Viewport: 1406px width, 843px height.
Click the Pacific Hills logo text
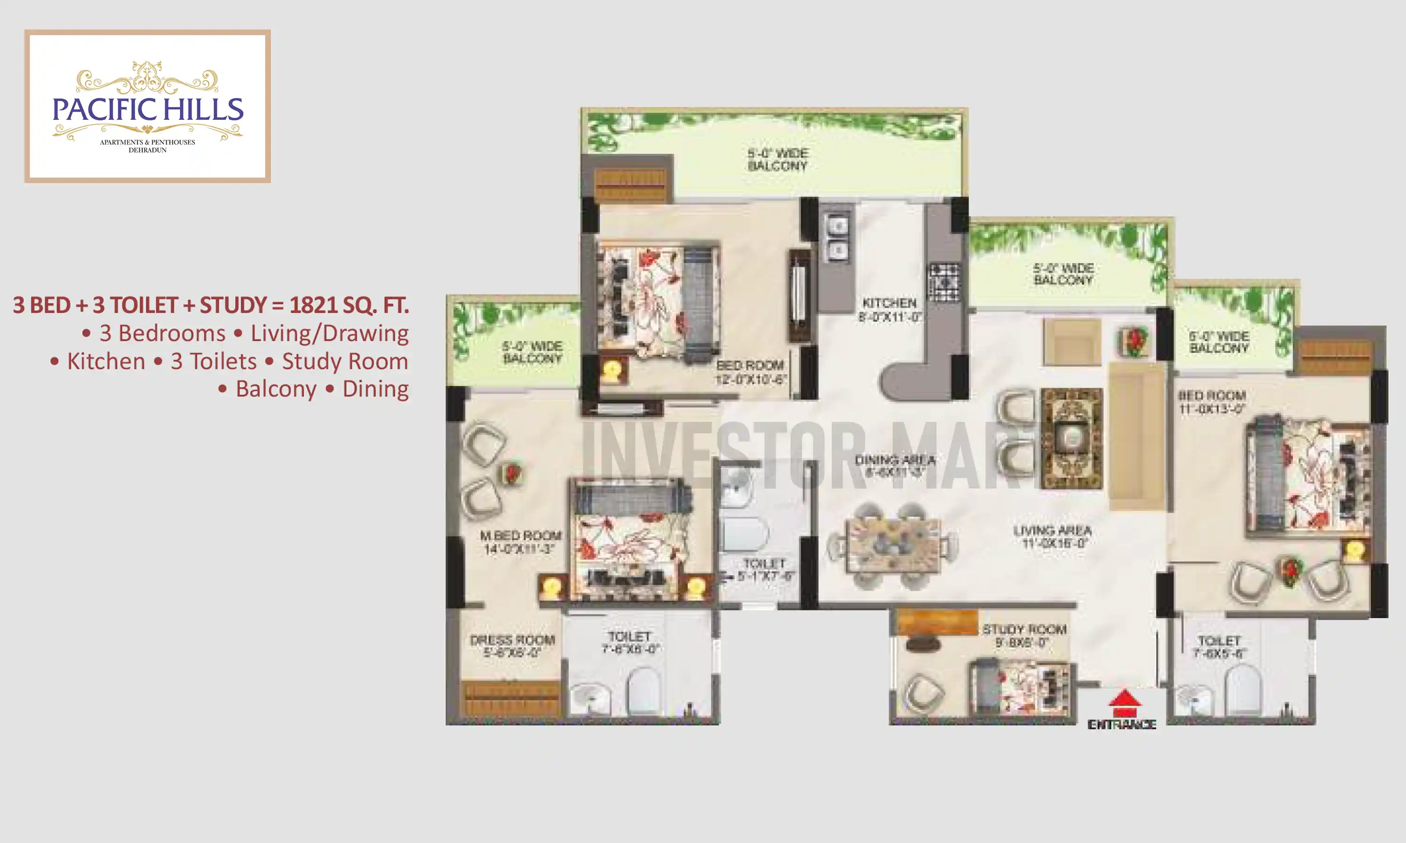pyautogui.click(x=148, y=110)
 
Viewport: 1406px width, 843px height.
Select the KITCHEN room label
pyautogui.click(x=890, y=303)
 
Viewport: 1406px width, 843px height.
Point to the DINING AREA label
pyautogui.click(x=895, y=459)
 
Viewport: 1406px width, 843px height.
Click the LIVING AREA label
pyautogui.click(x=1053, y=531)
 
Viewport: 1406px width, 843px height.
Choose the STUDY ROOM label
pyautogui.click(x=1025, y=629)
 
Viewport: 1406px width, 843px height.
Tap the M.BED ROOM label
pyautogui.click(x=521, y=536)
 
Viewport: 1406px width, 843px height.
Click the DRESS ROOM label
pyautogui.click(x=512, y=640)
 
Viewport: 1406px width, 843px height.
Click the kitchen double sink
pyautogui.click(x=837, y=237)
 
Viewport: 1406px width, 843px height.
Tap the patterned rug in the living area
pyautogui.click(x=1071, y=437)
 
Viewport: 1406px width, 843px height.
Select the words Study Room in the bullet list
pyautogui.click(x=345, y=361)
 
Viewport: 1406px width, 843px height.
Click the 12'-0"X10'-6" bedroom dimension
pyautogui.click(x=751, y=379)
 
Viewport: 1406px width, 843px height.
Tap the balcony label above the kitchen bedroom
pyautogui.click(x=778, y=160)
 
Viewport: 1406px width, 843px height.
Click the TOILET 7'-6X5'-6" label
pyautogui.click(x=1219, y=647)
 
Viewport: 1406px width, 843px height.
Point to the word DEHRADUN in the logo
pyautogui.click(x=147, y=150)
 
